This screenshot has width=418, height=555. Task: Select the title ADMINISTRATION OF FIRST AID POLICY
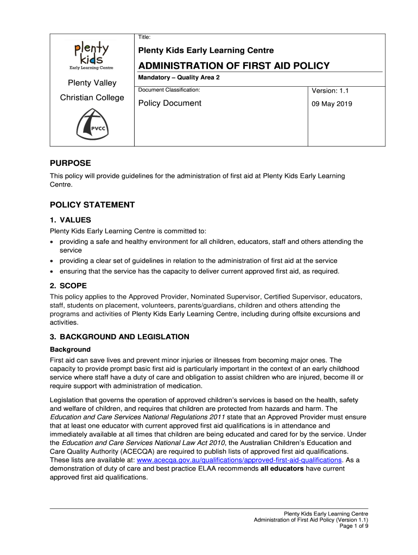[x=234, y=66]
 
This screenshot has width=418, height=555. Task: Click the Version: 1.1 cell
[x=330, y=91]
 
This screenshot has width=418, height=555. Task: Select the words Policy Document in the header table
[x=169, y=103]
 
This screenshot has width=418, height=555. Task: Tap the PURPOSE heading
[x=70, y=163]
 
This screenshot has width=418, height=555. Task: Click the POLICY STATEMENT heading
[x=92, y=205]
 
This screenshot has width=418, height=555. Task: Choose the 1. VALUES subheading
[x=71, y=220]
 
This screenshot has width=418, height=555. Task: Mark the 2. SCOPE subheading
[x=68, y=286]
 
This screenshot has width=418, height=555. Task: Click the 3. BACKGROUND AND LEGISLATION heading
[x=119, y=337]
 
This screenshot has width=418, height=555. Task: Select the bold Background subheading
[x=70, y=349]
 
